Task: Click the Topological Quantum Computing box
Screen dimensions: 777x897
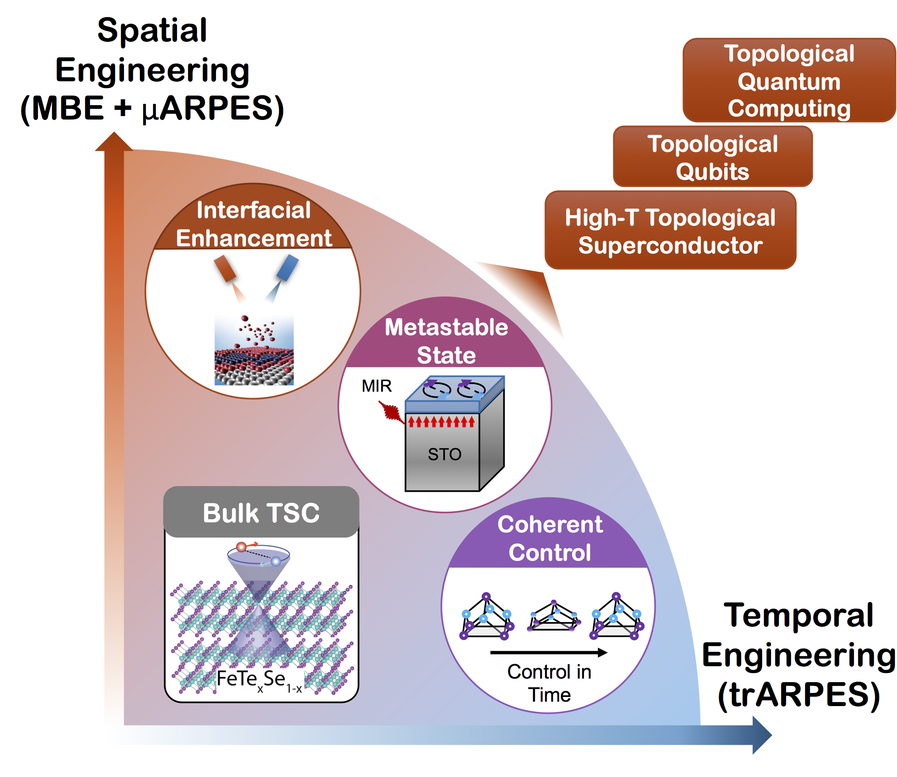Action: pos(788,80)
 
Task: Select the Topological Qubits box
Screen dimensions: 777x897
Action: pos(712,157)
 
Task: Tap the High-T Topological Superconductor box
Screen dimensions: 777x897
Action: pos(670,231)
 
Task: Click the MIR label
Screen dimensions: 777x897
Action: pos(376,386)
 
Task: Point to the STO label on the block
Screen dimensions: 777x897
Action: pos(444,454)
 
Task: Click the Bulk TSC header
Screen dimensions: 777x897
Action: pos(261,513)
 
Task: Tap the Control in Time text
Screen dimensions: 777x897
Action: pos(549,683)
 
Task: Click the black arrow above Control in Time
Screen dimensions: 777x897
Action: pos(548,653)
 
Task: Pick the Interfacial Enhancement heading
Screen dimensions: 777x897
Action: pos(254,224)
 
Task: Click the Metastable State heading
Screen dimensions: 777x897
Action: pos(446,341)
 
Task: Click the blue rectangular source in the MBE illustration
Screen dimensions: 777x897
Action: pos(287,267)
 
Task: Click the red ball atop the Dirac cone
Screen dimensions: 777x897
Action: pos(241,547)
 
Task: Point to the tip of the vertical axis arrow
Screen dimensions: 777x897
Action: pos(114,133)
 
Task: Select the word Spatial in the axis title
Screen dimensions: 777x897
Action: pos(152,30)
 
